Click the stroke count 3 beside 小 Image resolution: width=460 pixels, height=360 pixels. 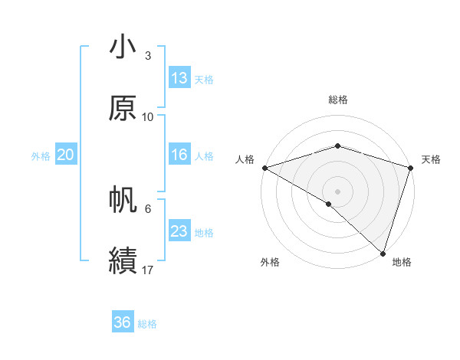[148, 56]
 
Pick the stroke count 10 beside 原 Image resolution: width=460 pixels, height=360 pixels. [148, 116]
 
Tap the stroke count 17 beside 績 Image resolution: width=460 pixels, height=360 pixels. [148, 270]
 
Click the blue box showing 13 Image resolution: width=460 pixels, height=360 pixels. [179, 78]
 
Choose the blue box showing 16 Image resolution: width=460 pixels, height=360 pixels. [179, 155]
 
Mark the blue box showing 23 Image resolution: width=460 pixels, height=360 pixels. [179, 231]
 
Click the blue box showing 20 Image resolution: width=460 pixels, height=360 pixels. [65, 155]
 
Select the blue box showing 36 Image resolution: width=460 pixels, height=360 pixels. [123, 322]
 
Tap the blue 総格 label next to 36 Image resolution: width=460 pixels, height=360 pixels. [147, 324]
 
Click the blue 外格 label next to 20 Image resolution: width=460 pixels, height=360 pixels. [41, 156]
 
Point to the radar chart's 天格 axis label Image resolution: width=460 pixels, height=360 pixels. [431, 159]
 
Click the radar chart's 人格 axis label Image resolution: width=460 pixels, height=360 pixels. [245, 159]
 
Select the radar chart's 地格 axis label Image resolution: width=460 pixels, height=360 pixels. [402, 263]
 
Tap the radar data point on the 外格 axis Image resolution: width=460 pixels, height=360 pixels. [329, 204]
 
